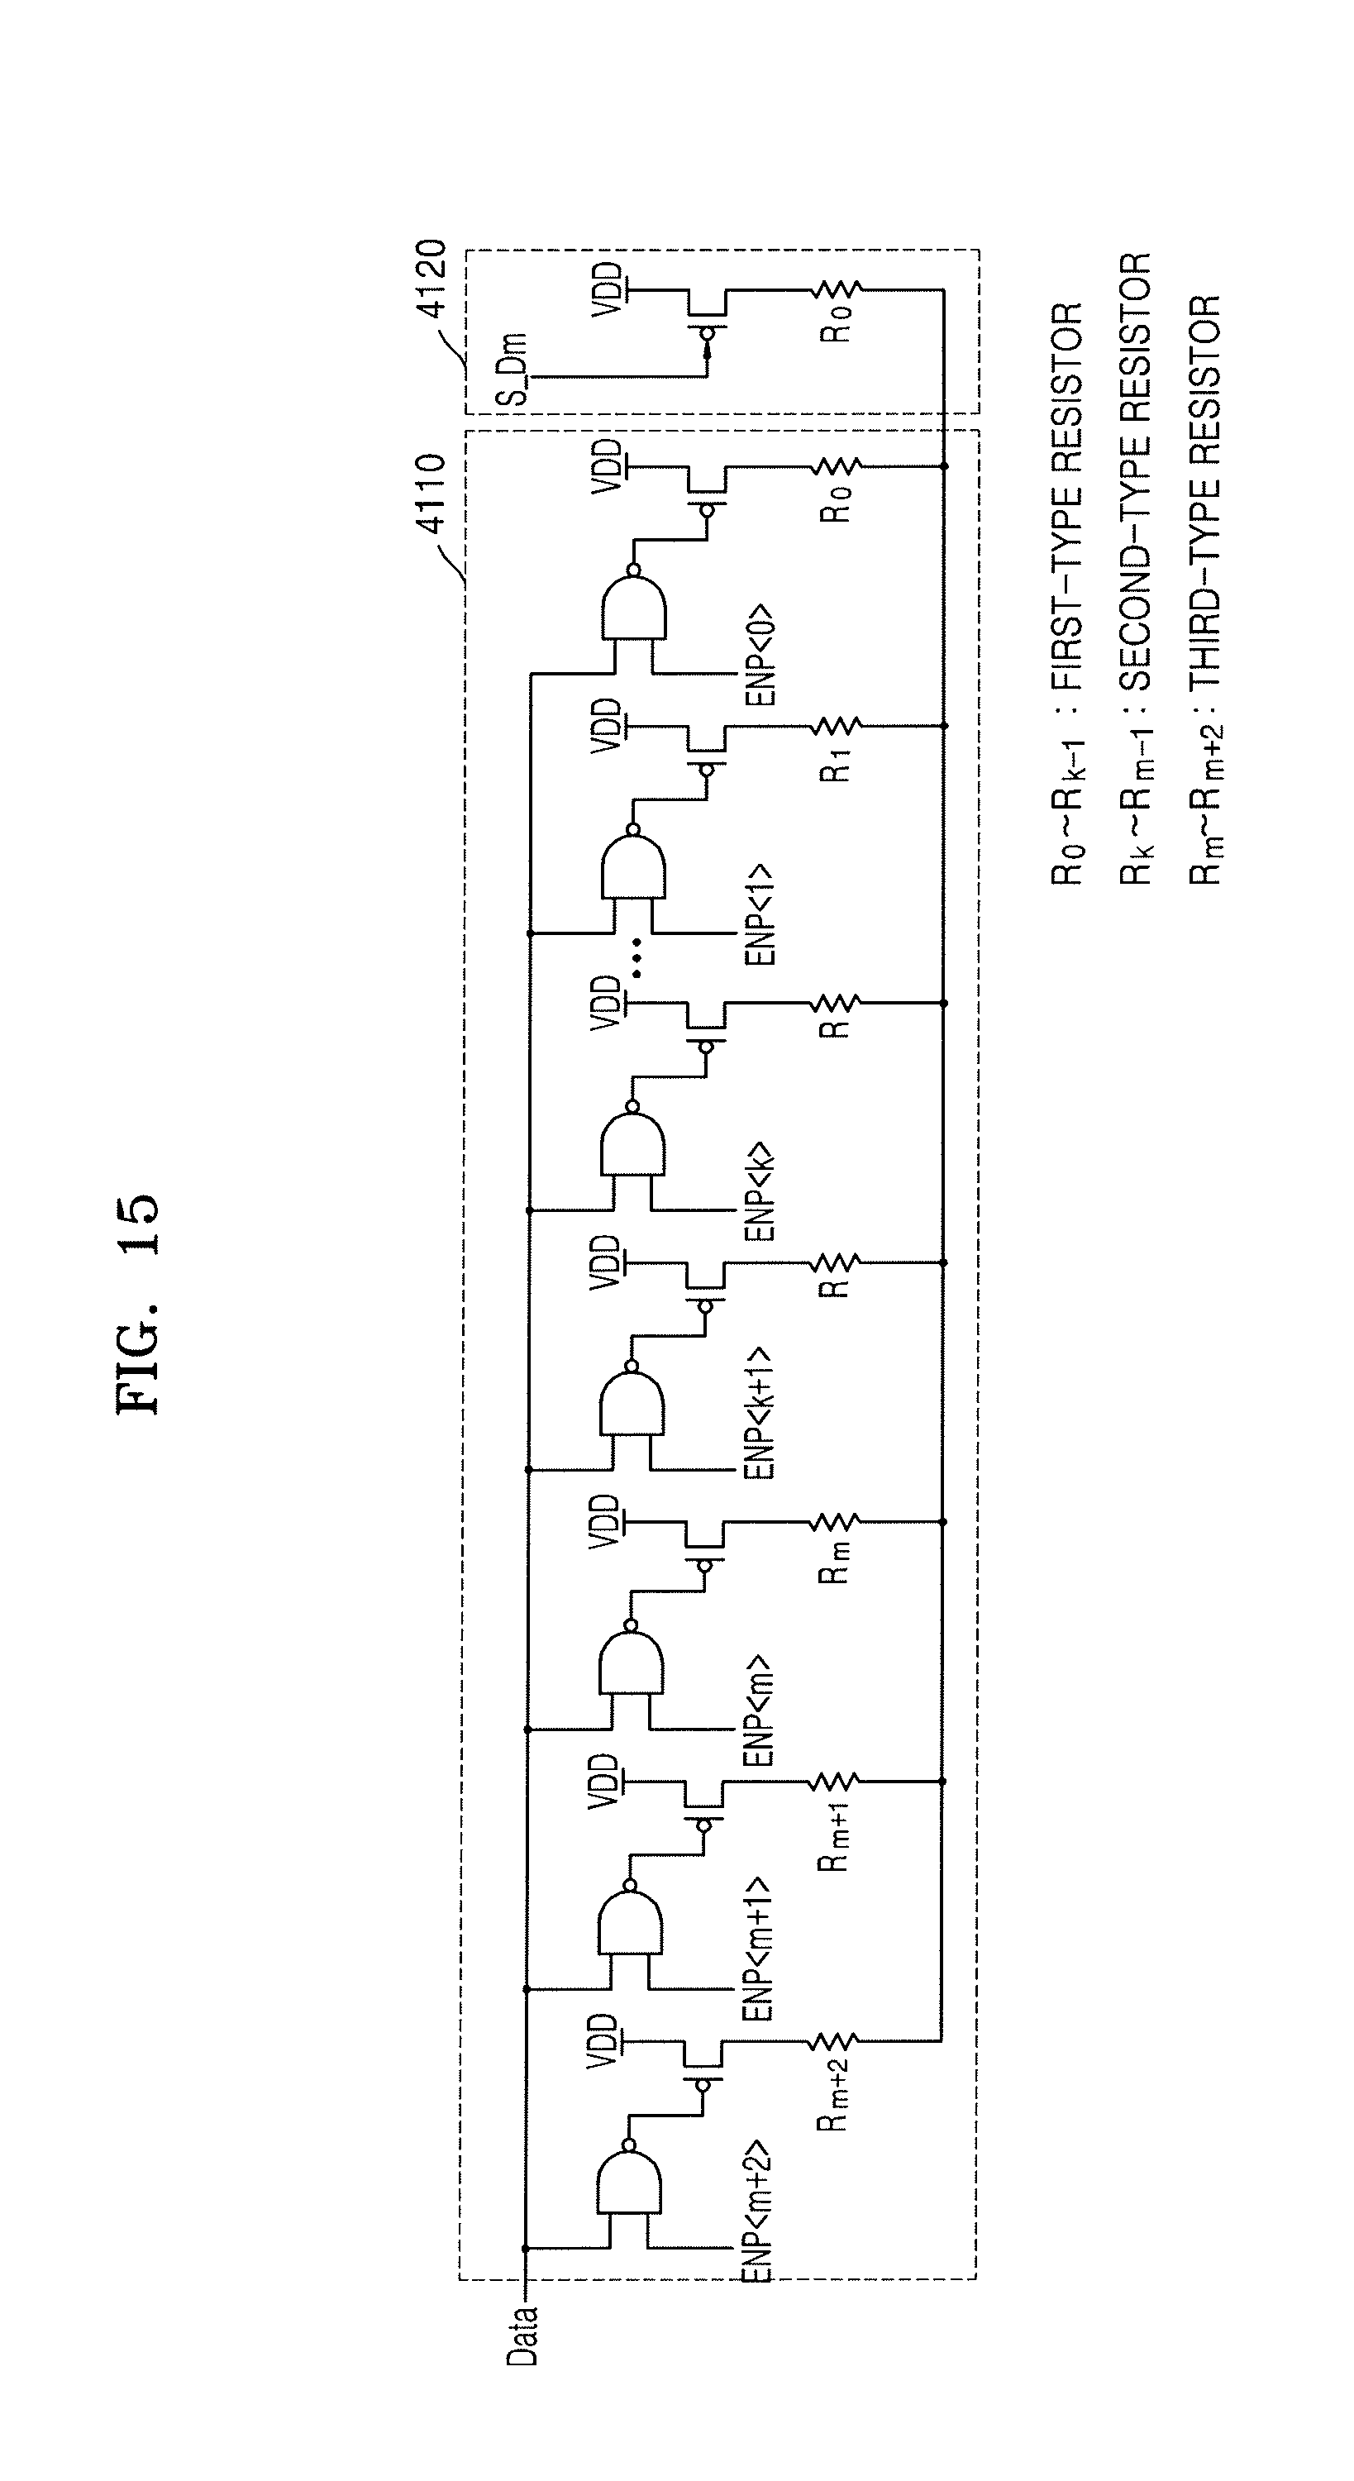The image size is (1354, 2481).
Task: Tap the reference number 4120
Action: [431, 279]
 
